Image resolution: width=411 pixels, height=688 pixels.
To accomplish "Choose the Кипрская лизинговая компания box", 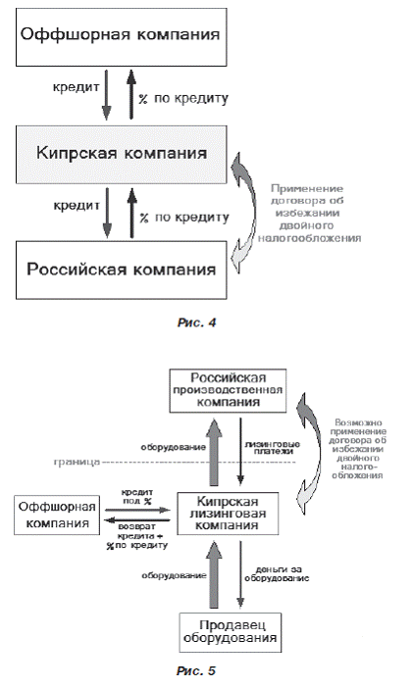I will (x=233, y=511).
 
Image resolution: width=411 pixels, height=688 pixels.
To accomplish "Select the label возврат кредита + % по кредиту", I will (x=139, y=537).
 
